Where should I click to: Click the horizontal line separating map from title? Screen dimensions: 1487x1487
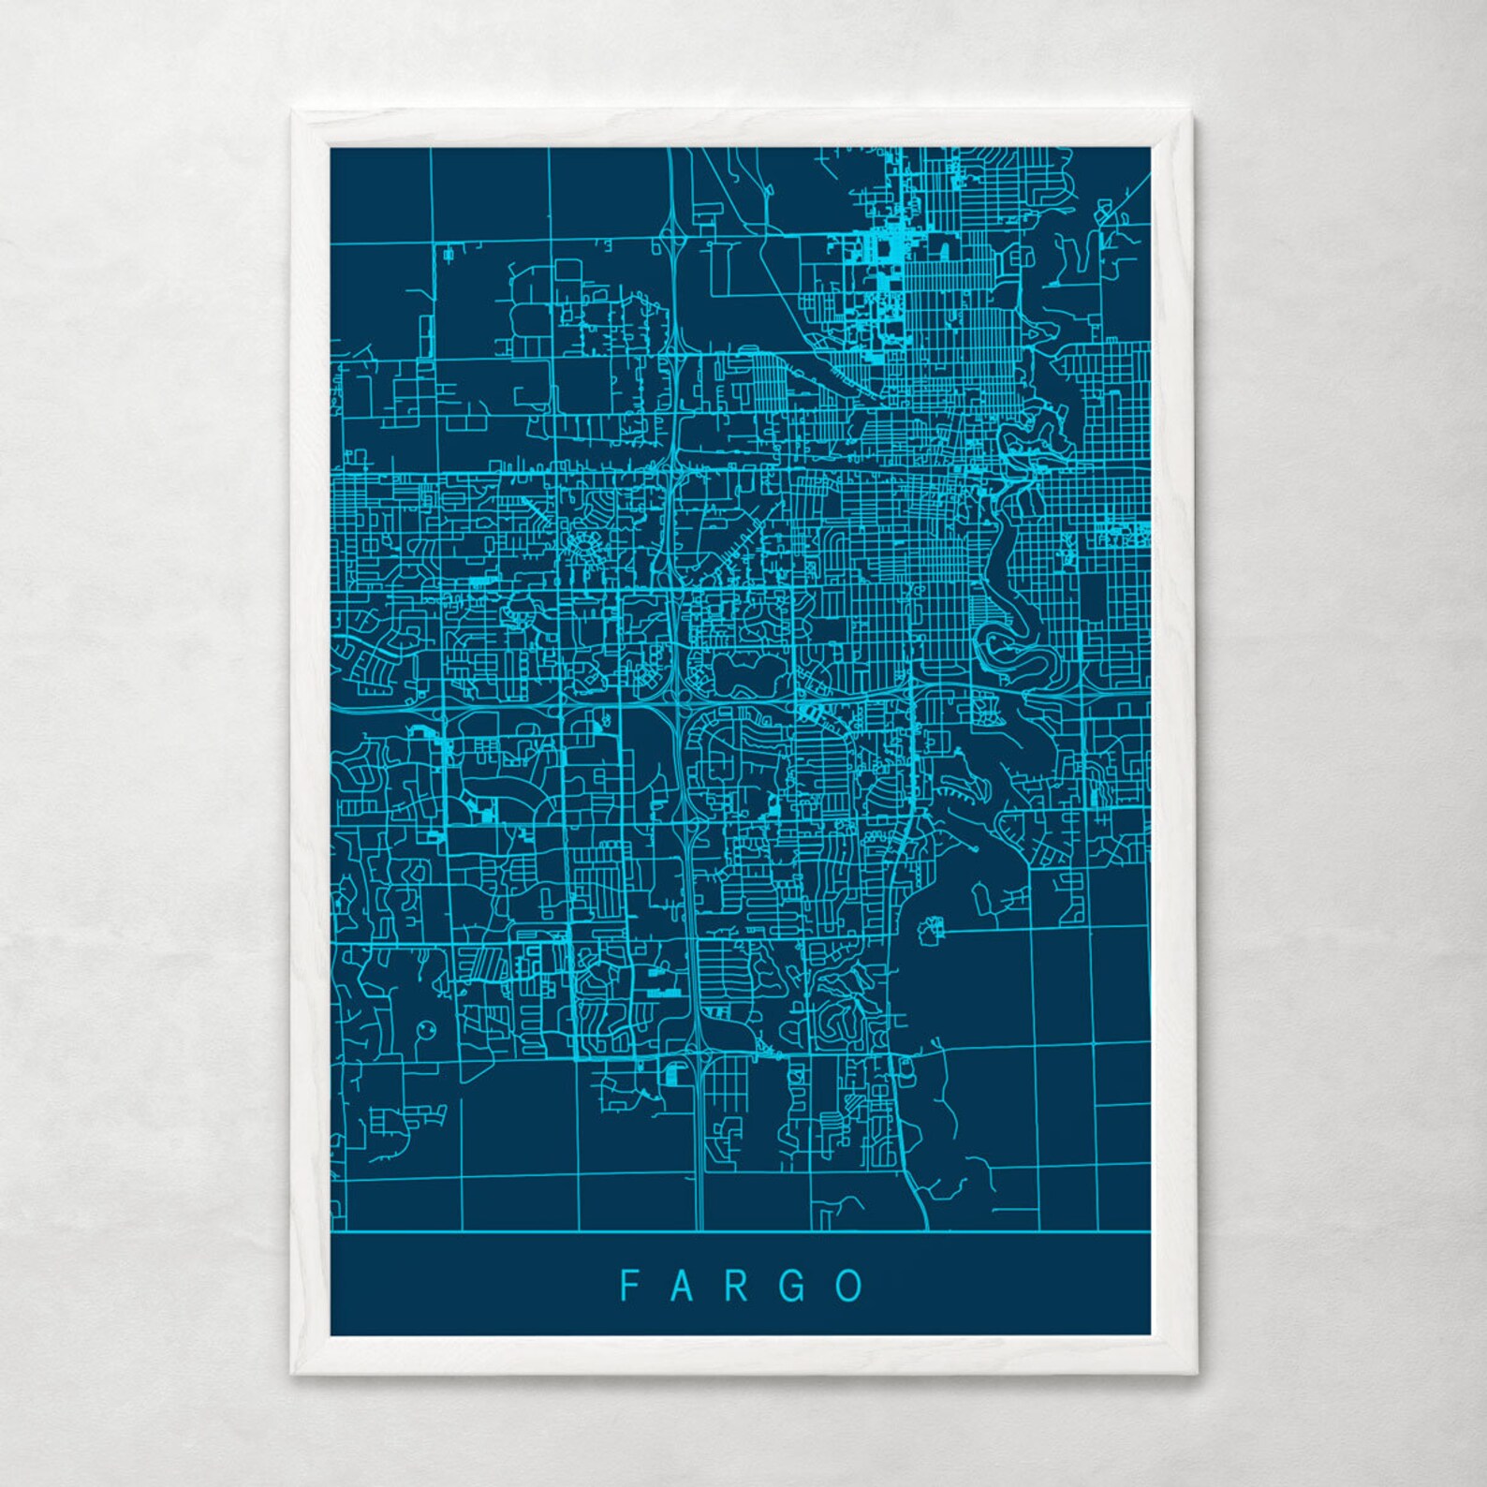[740, 1232]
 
